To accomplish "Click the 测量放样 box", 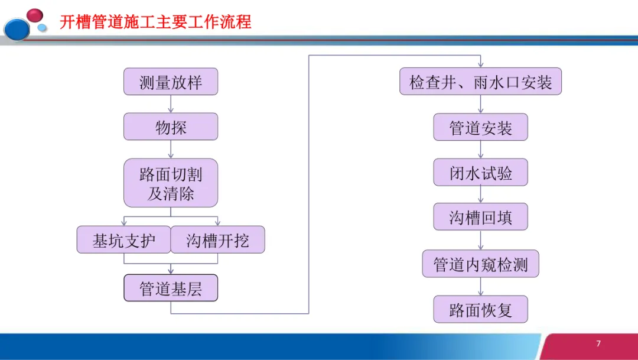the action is pyautogui.click(x=171, y=82).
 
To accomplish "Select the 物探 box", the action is pyautogui.click(x=171, y=127).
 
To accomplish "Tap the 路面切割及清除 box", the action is pyautogui.click(x=171, y=183).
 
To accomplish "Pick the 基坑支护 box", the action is pyautogui.click(x=124, y=240).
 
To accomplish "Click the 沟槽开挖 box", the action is pyautogui.click(x=218, y=240).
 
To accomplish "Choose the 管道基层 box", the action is pyautogui.click(x=171, y=288).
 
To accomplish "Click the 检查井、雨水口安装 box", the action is pyautogui.click(x=480, y=82).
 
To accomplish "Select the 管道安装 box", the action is pyautogui.click(x=480, y=128).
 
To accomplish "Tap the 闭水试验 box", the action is pyautogui.click(x=480, y=173).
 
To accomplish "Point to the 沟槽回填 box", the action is pyautogui.click(x=480, y=217).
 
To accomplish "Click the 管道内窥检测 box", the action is pyautogui.click(x=480, y=264).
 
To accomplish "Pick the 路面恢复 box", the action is pyautogui.click(x=480, y=310).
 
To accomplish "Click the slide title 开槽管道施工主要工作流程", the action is pyautogui.click(x=155, y=22).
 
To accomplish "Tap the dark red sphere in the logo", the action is pyautogui.click(x=35, y=15).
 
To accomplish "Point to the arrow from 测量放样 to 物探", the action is pyautogui.click(x=171, y=104).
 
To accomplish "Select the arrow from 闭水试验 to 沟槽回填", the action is pyautogui.click(x=480, y=195).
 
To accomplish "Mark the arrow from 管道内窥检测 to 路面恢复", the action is pyautogui.click(x=480, y=287).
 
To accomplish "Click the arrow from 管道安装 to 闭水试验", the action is pyautogui.click(x=480, y=150).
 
